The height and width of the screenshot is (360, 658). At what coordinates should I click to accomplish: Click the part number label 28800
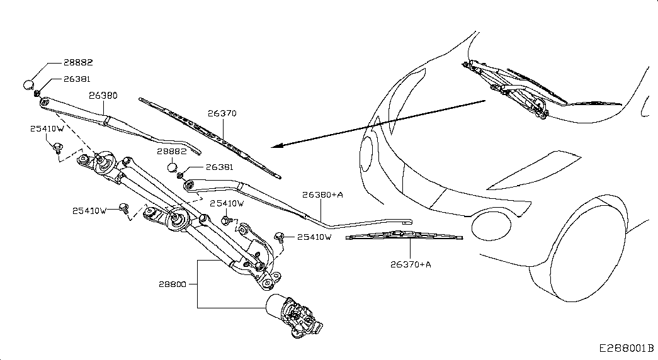pyautogui.click(x=172, y=284)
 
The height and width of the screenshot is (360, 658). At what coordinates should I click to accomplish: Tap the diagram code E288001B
pyautogui.click(x=626, y=348)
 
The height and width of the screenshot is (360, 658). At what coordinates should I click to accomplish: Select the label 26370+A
pyautogui.click(x=411, y=264)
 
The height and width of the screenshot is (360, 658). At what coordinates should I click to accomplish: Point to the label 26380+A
pyautogui.click(x=323, y=194)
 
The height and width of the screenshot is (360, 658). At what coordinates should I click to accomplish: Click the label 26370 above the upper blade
pyautogui.click(x=222, y=113)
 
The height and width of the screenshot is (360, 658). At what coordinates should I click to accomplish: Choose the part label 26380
pyautogui.click(x=103, y=96)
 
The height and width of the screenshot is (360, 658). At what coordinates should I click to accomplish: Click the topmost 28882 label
pyautogui.click(x=78, y=62)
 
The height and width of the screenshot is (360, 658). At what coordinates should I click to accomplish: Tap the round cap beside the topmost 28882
pyautogui.click(x=28, y=84)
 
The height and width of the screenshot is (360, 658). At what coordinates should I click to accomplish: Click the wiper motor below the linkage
pyautogui.click(x=295, y=315)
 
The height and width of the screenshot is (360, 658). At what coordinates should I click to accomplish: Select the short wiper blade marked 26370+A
pyautogui.click(x=404, y=236)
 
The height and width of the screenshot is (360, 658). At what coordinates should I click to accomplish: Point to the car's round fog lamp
pyautogui.click(x=491, y=227)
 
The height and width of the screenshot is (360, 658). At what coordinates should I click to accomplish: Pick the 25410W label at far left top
pyautogui.click(x=47, y=129)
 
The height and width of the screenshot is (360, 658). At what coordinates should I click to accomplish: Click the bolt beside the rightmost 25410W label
pyautogui.click(x=279, y=237)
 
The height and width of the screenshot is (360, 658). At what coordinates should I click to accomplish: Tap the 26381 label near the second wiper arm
pyautogui.click(x=220, y=167)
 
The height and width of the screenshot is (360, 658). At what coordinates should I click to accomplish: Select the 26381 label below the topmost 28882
pyautogui.click(x=77, y=79)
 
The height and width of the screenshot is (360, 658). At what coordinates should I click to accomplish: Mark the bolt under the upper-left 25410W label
pyautogui.click(x=57, y=148)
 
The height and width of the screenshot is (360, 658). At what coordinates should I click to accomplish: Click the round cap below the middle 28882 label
pyautogui.click(x=172, y=168)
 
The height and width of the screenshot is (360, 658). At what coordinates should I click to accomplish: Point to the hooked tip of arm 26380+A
pyautogui.click(x=409, y=222)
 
